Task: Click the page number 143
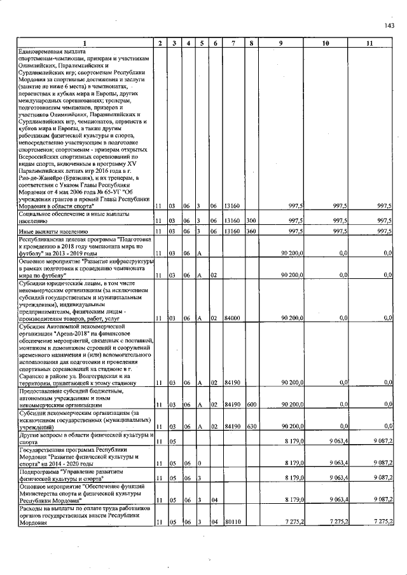(x=389, y=26)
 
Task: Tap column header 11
(x=369, y=43)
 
